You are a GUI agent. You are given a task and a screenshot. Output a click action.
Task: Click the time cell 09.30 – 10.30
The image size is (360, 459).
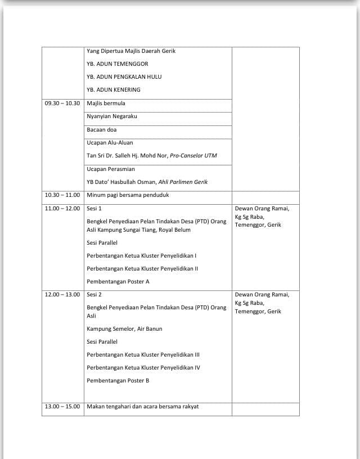pos(62,103)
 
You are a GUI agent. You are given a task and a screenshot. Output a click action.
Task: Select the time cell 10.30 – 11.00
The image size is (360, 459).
pos(62,195)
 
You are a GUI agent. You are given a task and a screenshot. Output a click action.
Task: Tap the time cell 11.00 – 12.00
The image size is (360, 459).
pos(62,209)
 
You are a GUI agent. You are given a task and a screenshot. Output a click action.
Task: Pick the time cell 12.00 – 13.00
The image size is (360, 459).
pos(62,295)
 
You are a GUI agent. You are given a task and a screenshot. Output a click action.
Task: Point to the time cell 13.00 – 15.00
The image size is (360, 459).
pos(62,407)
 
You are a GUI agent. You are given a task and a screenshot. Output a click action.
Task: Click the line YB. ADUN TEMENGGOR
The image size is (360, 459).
pos(118,64)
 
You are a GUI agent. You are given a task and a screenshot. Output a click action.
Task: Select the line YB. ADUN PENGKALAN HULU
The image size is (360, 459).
pos(124,77)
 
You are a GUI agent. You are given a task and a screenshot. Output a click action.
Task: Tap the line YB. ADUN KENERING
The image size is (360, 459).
pos(114,90)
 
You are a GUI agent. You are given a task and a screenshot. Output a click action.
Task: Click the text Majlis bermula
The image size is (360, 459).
pos(106,103)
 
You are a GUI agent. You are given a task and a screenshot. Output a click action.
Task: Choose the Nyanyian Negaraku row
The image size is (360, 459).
pos(112,116)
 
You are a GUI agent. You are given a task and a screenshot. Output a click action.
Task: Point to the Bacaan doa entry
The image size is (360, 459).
pos(102,130)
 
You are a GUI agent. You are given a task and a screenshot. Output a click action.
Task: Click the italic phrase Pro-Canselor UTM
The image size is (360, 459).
pos(193,156)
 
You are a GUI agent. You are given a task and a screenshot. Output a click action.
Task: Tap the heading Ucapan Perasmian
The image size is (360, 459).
pos(111,169)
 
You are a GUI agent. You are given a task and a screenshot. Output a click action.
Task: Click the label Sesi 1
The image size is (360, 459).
pos(94,209)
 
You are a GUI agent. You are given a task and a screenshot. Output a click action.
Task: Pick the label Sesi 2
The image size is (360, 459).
pos(94,295)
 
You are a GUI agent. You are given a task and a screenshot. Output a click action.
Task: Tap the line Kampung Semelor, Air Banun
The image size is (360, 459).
pos(124,329)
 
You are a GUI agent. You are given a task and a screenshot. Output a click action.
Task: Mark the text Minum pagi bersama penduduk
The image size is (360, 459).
pos(128,195)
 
